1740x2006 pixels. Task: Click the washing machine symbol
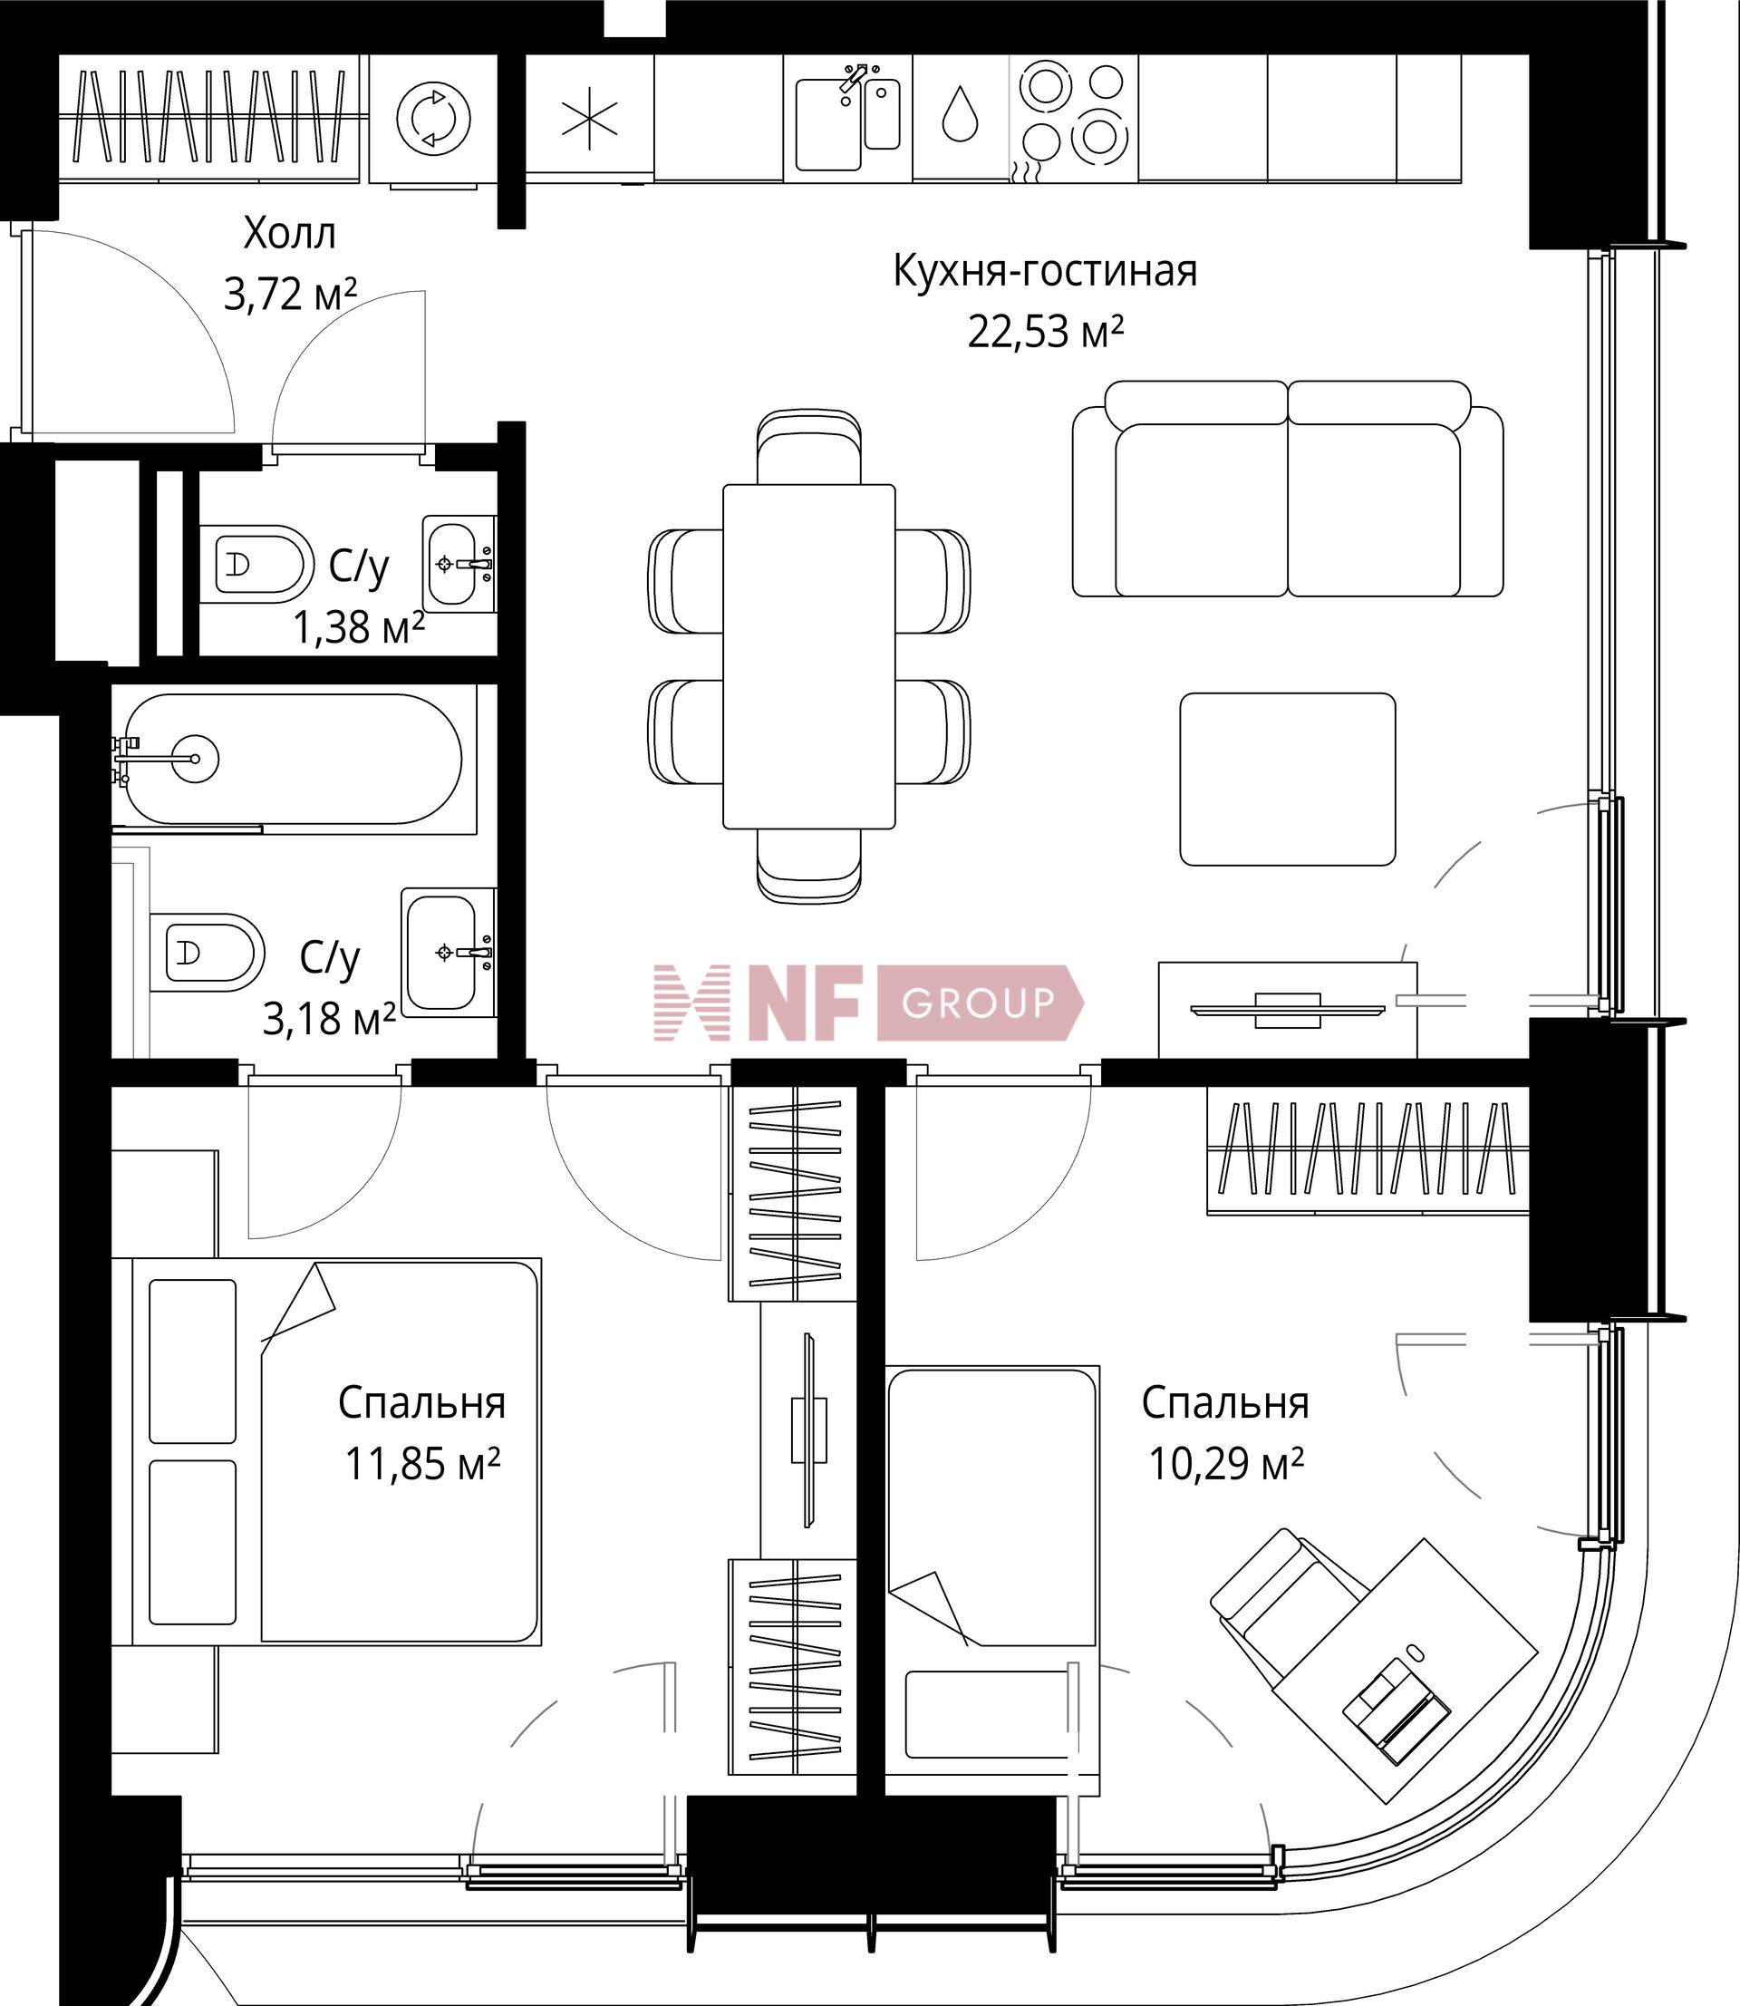pos(434,119)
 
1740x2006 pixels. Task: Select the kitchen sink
pos(846,120)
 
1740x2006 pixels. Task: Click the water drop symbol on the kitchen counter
pos(960,113)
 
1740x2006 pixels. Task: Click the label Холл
pos(289,234)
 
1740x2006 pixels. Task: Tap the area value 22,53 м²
pos(1046,332)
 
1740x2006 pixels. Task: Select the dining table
pos(808,656)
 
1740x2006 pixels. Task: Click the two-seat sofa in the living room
pos(1288,489)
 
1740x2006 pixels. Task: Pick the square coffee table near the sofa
pos(1288,779)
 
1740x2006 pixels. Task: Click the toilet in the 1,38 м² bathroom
pos(256,564)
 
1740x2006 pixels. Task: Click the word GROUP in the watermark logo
pos(978,1002)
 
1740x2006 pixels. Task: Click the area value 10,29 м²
pos(1225,1463)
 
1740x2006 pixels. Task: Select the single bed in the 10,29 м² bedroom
pos(993,1583)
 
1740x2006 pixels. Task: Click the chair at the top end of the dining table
pos(808,447)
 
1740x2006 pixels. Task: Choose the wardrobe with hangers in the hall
pos(212,118)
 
